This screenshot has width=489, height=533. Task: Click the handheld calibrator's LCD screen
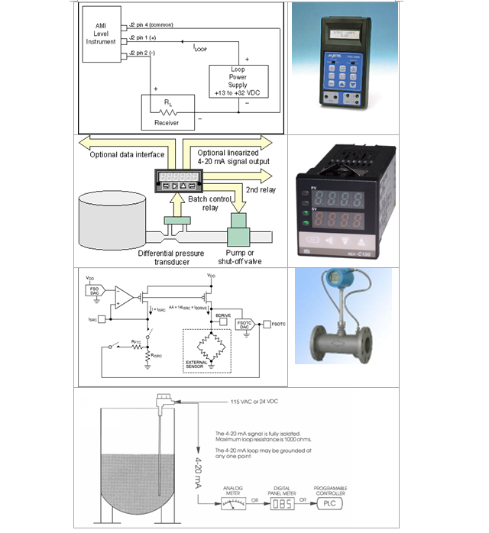(x=345, y=40)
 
